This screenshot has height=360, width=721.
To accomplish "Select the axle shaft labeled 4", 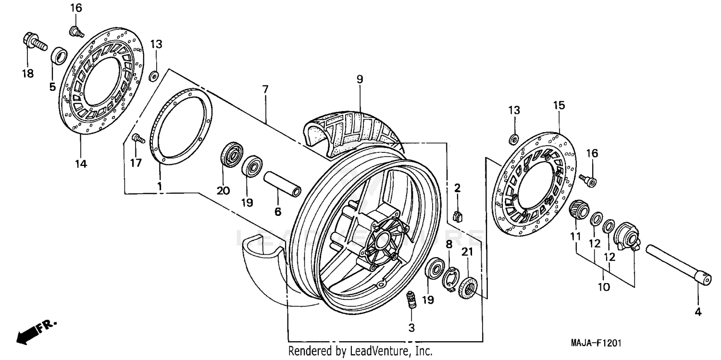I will tap(678, 265).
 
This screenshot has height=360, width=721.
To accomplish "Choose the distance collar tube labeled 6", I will tap(283, 185).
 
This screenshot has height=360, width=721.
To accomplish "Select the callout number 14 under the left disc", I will tap(80, 164).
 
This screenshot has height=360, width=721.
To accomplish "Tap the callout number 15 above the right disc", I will tap(559, 105).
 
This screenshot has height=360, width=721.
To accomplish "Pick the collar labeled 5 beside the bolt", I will tap(59, 56).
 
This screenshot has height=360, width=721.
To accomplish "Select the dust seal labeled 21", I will tap(468, 287).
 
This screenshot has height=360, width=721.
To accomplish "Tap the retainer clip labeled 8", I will tap(451, 279).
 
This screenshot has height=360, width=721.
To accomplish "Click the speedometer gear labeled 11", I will tap(579, 211).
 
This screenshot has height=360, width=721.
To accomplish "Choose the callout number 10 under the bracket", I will tap(604, 287).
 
